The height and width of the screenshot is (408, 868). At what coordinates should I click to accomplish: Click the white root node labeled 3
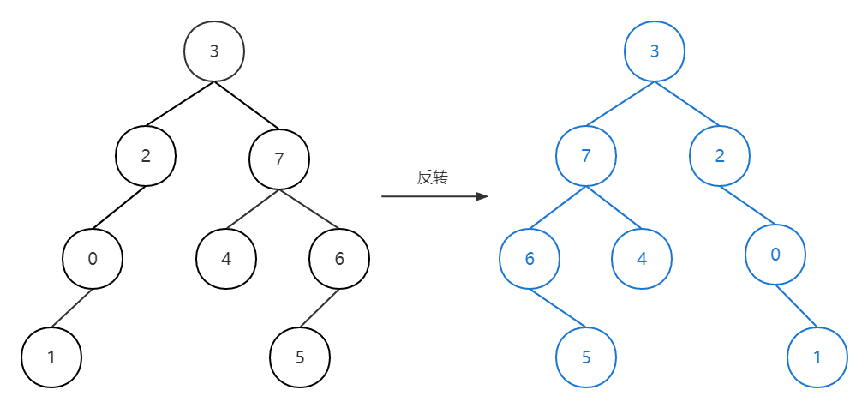pyautogui.click(x=214, y=51)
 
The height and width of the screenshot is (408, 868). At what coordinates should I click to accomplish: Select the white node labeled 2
pyautogui.click(x=146, y=156)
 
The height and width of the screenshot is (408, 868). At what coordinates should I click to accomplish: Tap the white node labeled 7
pyautogui.click(x=278, y=159)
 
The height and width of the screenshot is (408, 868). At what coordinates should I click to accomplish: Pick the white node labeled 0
pyautogui.click(x=93, y=258)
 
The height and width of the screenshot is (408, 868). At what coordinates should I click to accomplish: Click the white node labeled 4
pyautogui.click(x=226, y=258)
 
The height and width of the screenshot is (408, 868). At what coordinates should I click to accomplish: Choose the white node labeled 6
pyautogui.click(x=339, y=258)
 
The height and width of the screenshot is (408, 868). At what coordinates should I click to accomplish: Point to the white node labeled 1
pyautogui.click(x=51, y=357)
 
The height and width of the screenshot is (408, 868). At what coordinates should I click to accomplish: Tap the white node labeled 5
pyautogui.click(x=300, y=357)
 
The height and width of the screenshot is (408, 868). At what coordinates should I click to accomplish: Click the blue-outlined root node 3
pyautogui.click(x=655, y=51)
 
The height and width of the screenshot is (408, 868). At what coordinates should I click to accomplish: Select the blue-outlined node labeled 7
pyautogui.click(x=586, y=156)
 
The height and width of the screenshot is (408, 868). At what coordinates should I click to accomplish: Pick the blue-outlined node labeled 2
pyautogui.click(x=720, y=156)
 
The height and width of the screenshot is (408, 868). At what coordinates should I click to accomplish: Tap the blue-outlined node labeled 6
pyautogui.click(x=530, y=258)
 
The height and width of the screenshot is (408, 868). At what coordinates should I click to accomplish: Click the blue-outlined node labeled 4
pyautogui.click(x=643, y=258)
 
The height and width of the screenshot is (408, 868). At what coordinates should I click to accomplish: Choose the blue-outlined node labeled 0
pyautogui.click(x=775, y=254)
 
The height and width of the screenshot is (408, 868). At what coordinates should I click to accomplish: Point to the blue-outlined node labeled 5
pyautogui.click(x=586, y=357)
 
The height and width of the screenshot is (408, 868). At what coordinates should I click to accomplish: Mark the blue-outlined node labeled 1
pyautogui.click(x=817, y=357)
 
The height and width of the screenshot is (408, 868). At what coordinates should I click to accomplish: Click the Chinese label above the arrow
pyautogui.click(x=433, y=177)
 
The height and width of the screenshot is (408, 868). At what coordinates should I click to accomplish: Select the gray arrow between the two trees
pyautogui.click(x=434, y=196)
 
